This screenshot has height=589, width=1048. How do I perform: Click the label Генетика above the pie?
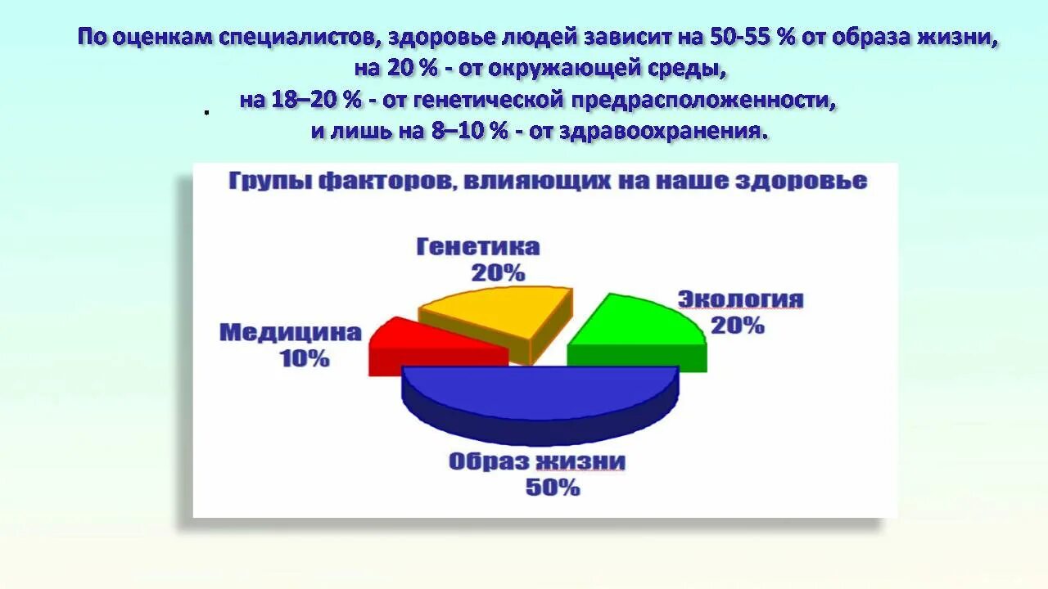[x=478, y=247]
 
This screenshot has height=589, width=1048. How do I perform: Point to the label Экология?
[x=740, y=299]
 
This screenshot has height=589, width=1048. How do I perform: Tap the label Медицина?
[x=290, y=332]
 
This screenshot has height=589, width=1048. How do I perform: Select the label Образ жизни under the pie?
[x=537, y=461]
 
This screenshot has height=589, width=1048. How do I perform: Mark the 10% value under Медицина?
[x=305, y=358]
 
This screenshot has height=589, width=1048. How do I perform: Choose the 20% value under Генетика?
[x=497, y=273]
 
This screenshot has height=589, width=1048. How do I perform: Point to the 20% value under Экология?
[x=737, y=326]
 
